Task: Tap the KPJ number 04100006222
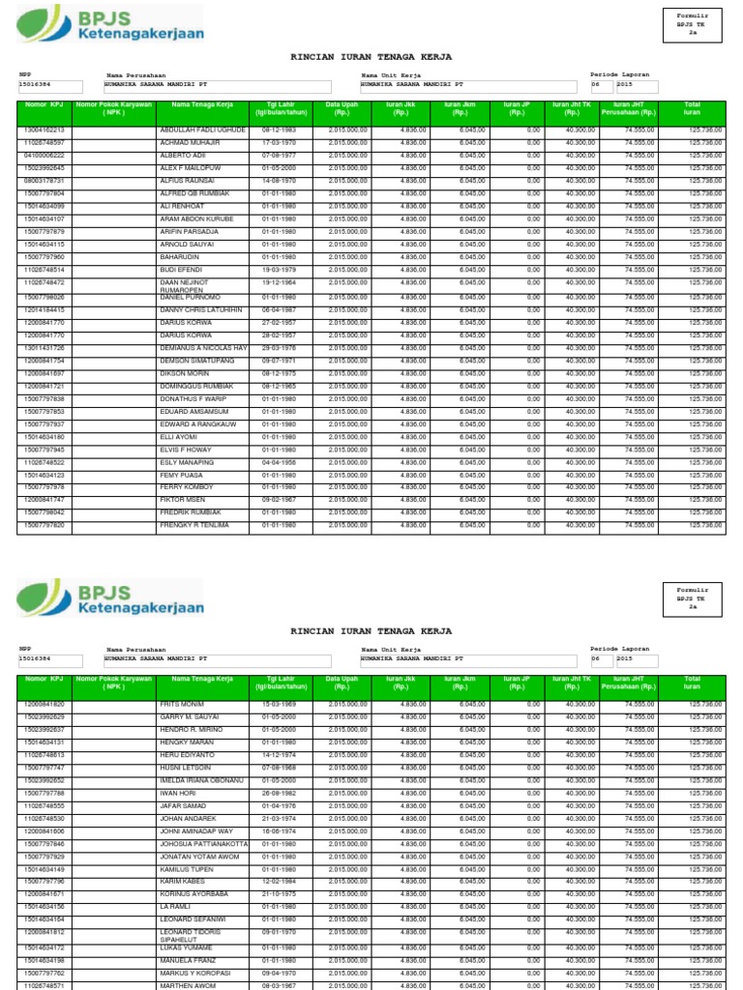[44, 155]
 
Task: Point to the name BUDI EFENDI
[180, 270]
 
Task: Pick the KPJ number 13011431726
[44, 347]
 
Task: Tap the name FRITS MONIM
[181, 704]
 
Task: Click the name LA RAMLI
[175, 907]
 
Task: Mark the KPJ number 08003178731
[44, 180]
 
